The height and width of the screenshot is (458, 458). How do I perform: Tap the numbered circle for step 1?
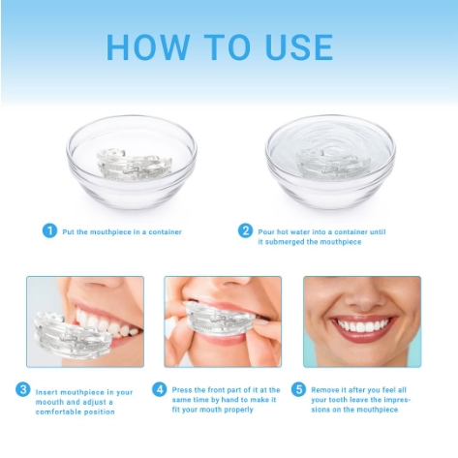[49, 230]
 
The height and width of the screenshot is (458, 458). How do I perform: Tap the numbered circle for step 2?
[245, 230]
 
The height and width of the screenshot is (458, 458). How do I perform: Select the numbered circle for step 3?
[23, 389]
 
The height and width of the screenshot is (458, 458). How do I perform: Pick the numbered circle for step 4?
[160, 389]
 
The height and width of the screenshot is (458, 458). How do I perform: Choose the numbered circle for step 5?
[298, 389]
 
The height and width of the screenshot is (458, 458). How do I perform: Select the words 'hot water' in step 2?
[291, 231]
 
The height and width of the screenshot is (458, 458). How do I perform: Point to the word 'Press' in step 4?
[185, 390]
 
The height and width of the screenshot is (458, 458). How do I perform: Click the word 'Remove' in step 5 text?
[325, 390]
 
